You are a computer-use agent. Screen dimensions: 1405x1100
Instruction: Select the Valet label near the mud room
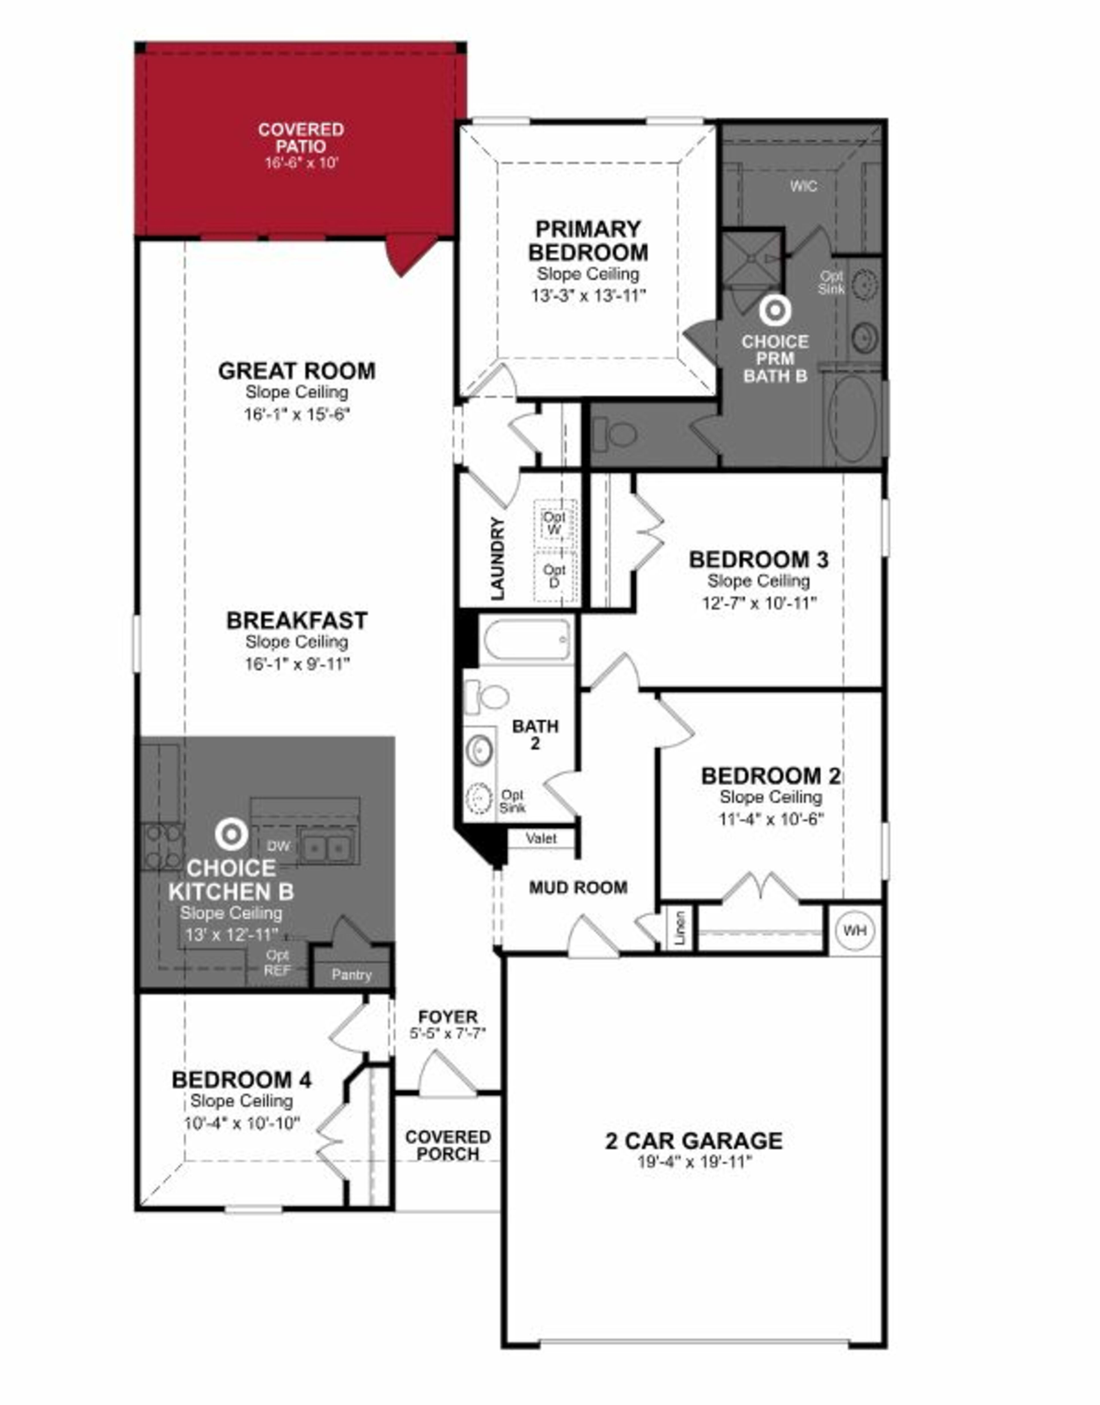point(541,838)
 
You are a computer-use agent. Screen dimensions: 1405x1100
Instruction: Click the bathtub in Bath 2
point(527,639)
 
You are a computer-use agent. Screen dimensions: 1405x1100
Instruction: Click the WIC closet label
point(804,186)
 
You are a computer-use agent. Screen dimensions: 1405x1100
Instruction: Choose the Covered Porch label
point(448,1146)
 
